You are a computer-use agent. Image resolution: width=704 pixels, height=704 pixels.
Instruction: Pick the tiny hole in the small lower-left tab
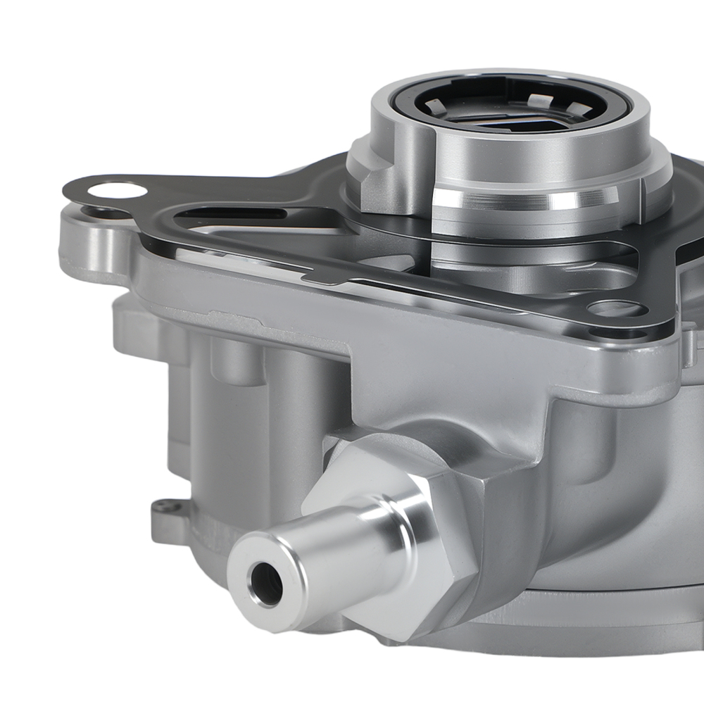[164, 504]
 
